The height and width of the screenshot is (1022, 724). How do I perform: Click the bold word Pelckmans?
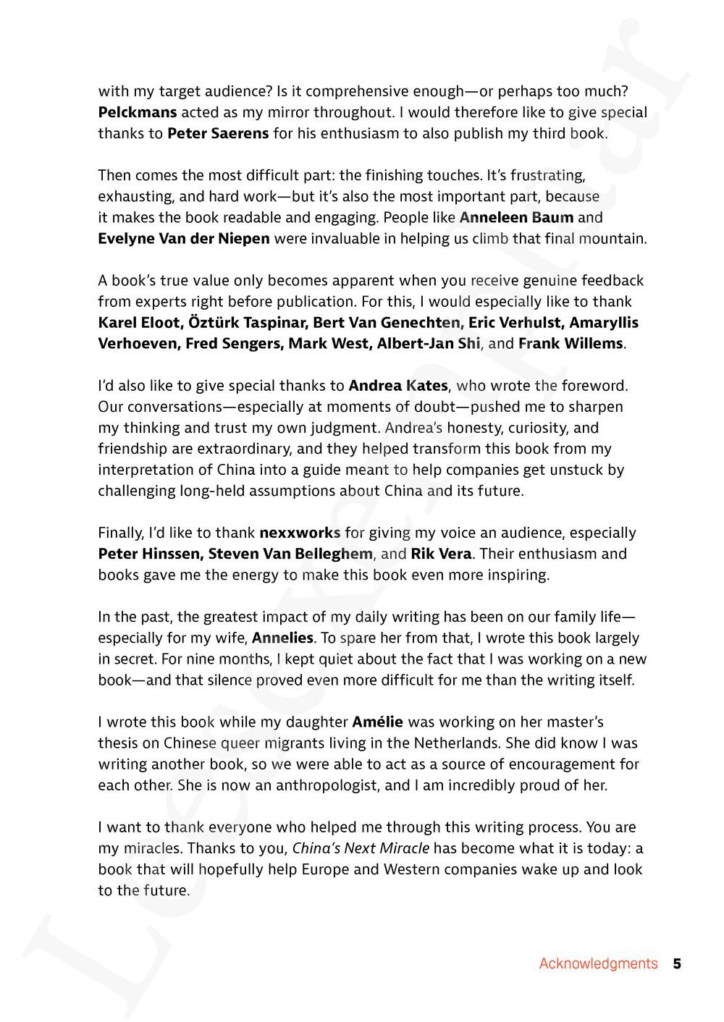(137, 112)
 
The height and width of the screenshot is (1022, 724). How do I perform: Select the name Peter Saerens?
(218, 133)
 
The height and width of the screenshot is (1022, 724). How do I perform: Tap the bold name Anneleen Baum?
(516, 217)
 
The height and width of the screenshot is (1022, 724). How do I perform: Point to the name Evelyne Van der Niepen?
(184, 238)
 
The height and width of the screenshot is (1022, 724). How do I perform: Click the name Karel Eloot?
(138, 322)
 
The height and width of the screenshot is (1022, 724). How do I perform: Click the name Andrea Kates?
(398, 385)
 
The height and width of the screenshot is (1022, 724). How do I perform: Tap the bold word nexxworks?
(300, 533)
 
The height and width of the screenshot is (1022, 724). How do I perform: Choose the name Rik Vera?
(441, 554)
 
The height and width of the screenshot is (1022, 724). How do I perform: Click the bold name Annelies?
(282, 638)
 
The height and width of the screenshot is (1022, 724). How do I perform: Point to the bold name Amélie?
(377, 722)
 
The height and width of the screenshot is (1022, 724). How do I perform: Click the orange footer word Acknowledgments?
(598, 963)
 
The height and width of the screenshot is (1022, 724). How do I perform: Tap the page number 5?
(677, 963)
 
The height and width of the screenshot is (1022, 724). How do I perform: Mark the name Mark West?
(329, 343)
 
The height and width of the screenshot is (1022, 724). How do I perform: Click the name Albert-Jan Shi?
(429, 343)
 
